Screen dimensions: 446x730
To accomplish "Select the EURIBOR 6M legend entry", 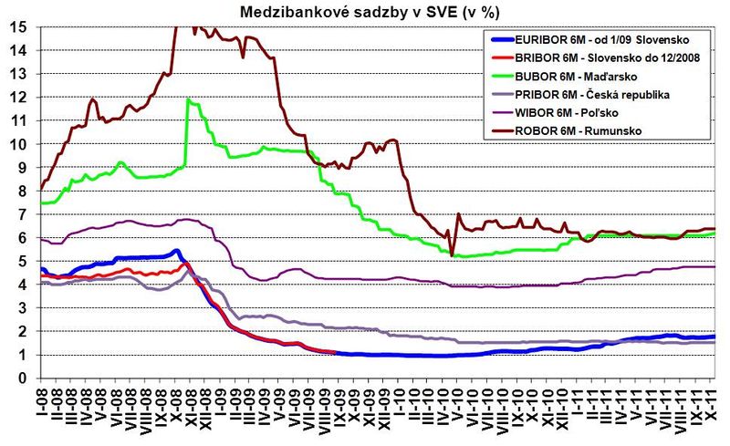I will pos(602,39).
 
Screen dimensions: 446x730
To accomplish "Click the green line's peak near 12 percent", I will pos(187,99).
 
